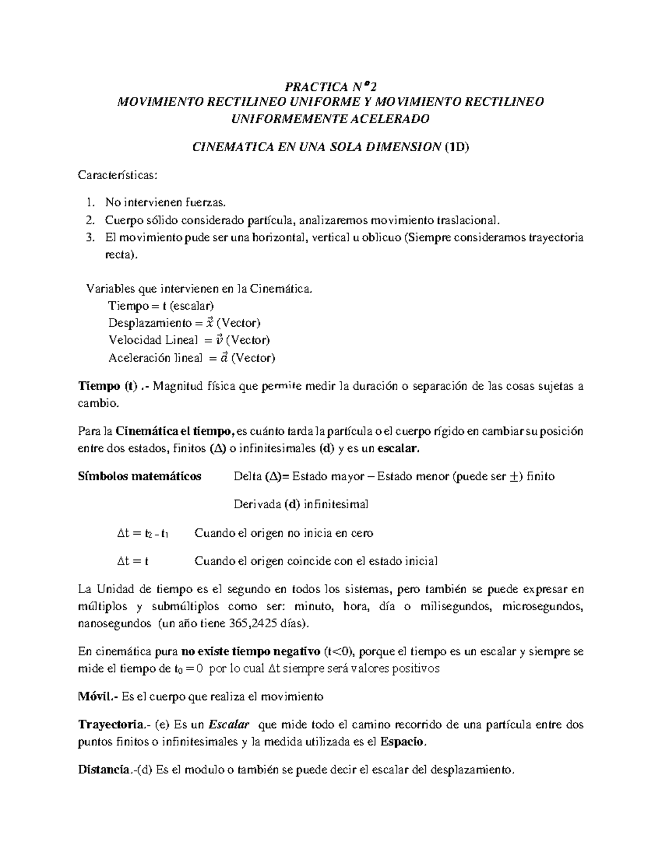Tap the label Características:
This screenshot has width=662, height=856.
[x=118, y=175]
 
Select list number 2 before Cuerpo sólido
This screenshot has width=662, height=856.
[x=90, y=220]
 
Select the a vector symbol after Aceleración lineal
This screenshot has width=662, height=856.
[x=223, y=358]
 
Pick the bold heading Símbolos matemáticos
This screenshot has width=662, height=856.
[x=140, y=476]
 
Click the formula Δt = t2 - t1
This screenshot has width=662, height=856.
[x=143, y=533]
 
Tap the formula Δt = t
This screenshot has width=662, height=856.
[x=133, y=561]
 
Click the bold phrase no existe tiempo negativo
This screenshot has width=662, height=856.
[x=251, y=652]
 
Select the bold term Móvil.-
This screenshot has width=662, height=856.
[x=98, y=696]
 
